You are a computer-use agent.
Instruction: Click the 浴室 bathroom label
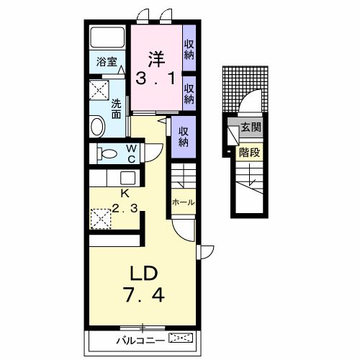[107, 62]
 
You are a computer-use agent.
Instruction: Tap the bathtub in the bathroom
[107, 37]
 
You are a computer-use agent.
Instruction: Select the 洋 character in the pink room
[156, 59]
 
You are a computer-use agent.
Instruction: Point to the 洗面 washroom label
[117, 109]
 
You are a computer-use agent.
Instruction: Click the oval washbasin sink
[97, 126]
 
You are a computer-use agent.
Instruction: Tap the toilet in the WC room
[107, 153]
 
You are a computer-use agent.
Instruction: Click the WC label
[132, 153]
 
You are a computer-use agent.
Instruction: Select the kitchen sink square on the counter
[127, 178]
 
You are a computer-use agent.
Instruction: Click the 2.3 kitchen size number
[125, 208]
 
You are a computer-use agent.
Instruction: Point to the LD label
[143, 274]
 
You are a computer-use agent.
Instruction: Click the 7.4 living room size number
[144, 295]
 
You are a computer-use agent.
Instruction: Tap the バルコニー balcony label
[141, 341]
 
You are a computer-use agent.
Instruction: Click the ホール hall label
[184, 202]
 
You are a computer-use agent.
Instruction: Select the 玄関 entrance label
[251, 127]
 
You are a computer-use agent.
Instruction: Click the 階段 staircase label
[250, 152]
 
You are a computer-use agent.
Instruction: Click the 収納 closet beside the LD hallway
[184, 137]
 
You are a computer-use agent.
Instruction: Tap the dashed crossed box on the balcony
[181, 338]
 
